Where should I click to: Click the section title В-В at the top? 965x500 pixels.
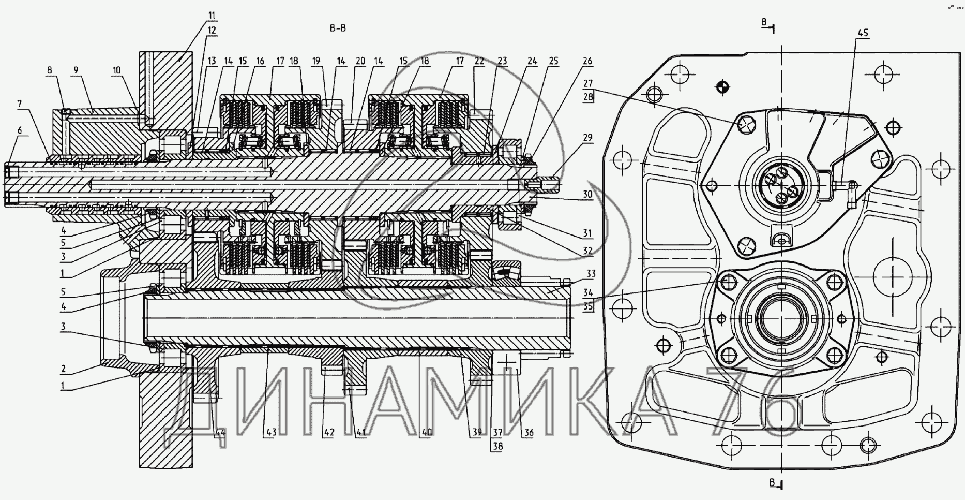pos(338,28)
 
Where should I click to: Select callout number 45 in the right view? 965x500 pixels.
pos(863,33)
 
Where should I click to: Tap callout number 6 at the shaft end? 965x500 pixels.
pos(20,130)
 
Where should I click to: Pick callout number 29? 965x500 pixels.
pos(587,138)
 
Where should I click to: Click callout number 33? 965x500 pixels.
pos(591,273)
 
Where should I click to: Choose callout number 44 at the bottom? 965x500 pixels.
pos(220,433)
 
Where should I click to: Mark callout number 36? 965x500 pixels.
pos(528,433)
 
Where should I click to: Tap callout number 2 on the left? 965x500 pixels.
pos(63,369)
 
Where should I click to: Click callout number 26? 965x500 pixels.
pos(587,61)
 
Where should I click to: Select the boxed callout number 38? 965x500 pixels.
pos(497,446)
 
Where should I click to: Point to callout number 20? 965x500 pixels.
pos(360,61)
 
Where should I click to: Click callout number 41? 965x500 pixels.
pos(360,433)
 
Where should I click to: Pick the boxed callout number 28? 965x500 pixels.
pos(587,96)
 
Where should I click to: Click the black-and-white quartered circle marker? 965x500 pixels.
pos(722,87)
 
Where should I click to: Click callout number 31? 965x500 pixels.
pos(587,233)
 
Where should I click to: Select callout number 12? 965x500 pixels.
pos(212,31)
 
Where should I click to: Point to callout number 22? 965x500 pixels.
pos(479,61)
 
